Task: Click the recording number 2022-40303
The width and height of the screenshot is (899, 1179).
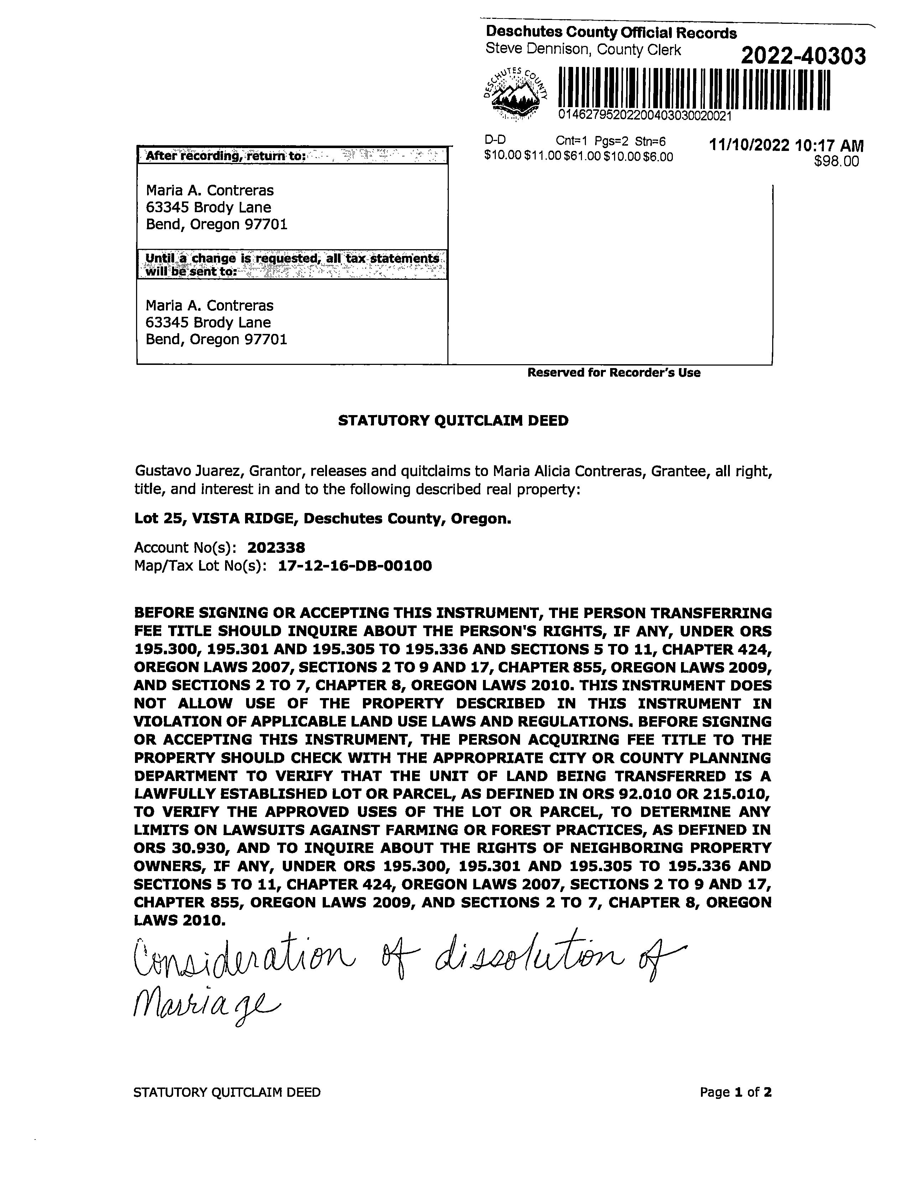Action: click(803, 56)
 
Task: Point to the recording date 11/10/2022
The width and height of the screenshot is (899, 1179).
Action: click(749, 146)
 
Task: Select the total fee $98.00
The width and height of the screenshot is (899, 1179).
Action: click(836, 161)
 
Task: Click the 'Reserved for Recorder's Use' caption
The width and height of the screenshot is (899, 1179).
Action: click(614, 373)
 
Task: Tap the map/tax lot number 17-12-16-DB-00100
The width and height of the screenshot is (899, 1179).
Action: click(355, 566)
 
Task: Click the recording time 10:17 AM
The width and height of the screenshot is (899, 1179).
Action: click(830, 146)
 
